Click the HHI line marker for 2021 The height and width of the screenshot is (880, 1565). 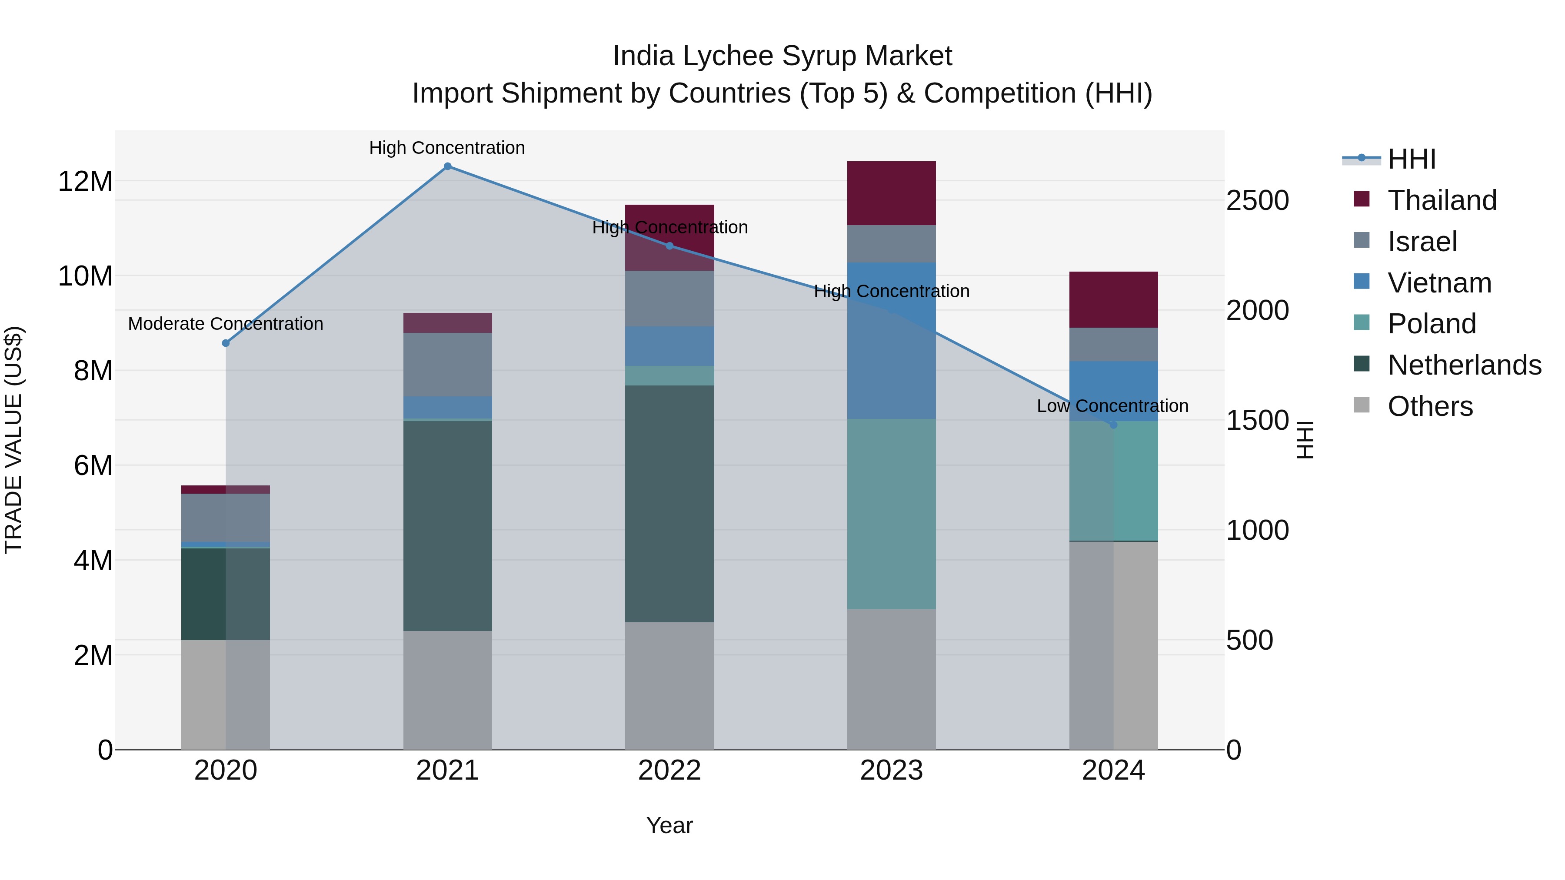tap(448, 166)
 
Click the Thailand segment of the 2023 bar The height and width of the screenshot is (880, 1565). tap(891, 193)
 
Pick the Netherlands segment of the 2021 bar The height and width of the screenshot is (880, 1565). tap(448, 525)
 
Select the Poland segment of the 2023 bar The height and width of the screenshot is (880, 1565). tap(891, 514)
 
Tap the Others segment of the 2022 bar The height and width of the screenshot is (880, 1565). tap(669, 686)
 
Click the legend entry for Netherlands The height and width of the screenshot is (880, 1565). tap(1464, 365)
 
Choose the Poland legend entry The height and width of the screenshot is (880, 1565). tap(1432, 324)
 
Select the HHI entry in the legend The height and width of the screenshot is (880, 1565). tap(1411, 159)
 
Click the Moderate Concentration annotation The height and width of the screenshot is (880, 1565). tap(225, 324)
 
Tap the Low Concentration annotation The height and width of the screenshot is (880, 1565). tap(1112, 406)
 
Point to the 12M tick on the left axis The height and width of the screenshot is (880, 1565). tap(86, 181)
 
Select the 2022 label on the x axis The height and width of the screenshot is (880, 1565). tap(669, 770)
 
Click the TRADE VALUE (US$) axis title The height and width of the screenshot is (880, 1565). tap(13, 440)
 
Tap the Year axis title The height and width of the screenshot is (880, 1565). tap(669, 825)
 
